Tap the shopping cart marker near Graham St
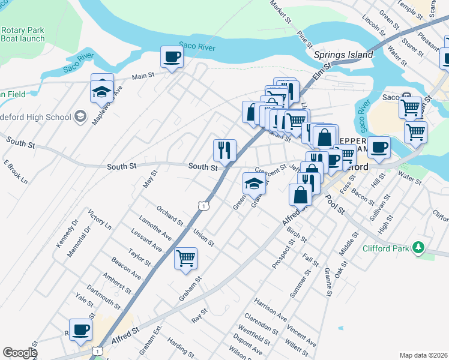pyautogui.click(x=186, y=259)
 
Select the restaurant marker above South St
pyautogui.click(x=224, y=150)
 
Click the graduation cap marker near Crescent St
pyautogui.click(x=254, y=184)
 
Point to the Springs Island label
pyautogui.click(x=343, y=55)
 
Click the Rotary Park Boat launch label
pyautogui.click(x=23, y=34)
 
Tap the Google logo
pyautogui.click(x=20, y=353)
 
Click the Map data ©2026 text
pyautogui.click(x=423, y=355)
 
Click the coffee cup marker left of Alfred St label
pyautogui.click(x=80, y=329)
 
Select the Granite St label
pyautogui.click(x=328, y=282)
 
